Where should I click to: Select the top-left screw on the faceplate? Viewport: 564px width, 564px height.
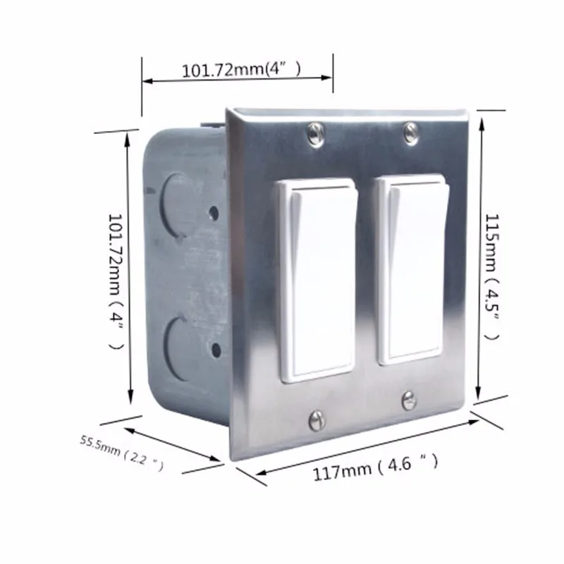click(x=314, y=132)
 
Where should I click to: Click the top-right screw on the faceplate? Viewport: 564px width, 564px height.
click(x=410, y=130)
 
